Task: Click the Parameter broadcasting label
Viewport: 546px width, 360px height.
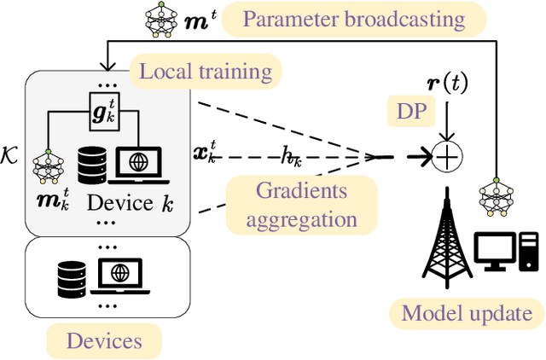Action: (x=354, y=20)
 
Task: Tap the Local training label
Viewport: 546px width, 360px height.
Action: (x=206, y=72)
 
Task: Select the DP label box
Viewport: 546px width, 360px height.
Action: (x=411, y=111)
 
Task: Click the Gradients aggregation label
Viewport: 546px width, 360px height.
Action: (x=301, y=205)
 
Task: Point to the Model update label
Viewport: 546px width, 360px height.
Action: (x=467, y=313)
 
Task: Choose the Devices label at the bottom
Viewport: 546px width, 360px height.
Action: (x=104, y=341)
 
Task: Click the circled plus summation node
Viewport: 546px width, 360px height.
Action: (x=447, y=157)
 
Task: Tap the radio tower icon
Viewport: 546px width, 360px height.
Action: (x=447, y=237)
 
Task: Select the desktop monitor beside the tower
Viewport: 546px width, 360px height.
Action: (x=495, y=252)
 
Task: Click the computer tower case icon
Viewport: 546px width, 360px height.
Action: (x=529, y=252)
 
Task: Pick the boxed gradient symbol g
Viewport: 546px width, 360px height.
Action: (x=104, y=112)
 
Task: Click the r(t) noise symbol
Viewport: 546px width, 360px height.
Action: (x=447, y=84)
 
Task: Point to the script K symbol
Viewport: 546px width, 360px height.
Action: (x=9, y=155)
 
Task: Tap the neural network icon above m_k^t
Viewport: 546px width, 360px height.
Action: (x=49, y=166)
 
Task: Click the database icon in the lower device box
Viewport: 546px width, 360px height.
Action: (x=72, y=280)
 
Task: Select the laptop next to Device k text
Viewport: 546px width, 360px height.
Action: (x=138, y=165)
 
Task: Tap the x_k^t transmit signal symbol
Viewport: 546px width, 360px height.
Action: (x=205, y=152)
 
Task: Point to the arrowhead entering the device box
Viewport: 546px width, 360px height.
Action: (x=107, y=66)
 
